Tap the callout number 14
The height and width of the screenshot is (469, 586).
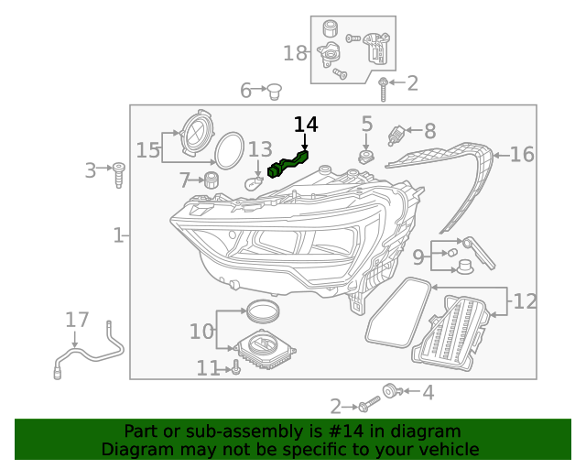(x=306, y=124)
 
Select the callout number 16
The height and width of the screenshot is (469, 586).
(x=522, y=155)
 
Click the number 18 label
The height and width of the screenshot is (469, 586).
(x=295, y=53)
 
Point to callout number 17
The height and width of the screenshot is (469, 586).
(x=77, y=320)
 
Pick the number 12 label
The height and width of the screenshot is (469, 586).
(x=526, y=300)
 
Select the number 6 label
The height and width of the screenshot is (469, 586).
(x=245, y=90)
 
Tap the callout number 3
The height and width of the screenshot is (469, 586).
(x=90, y=170)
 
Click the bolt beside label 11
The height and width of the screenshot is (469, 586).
(x=235, y=368)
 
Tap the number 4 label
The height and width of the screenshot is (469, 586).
(x=428, y=393)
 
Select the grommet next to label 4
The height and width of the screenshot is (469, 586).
(x=391, y=393)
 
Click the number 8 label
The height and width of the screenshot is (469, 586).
(x=429, y=131)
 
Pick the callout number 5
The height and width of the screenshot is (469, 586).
(x=366, y=124)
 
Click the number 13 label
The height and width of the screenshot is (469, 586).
(x=260, y=149)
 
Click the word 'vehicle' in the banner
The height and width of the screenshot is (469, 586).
(x=448, y=449)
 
